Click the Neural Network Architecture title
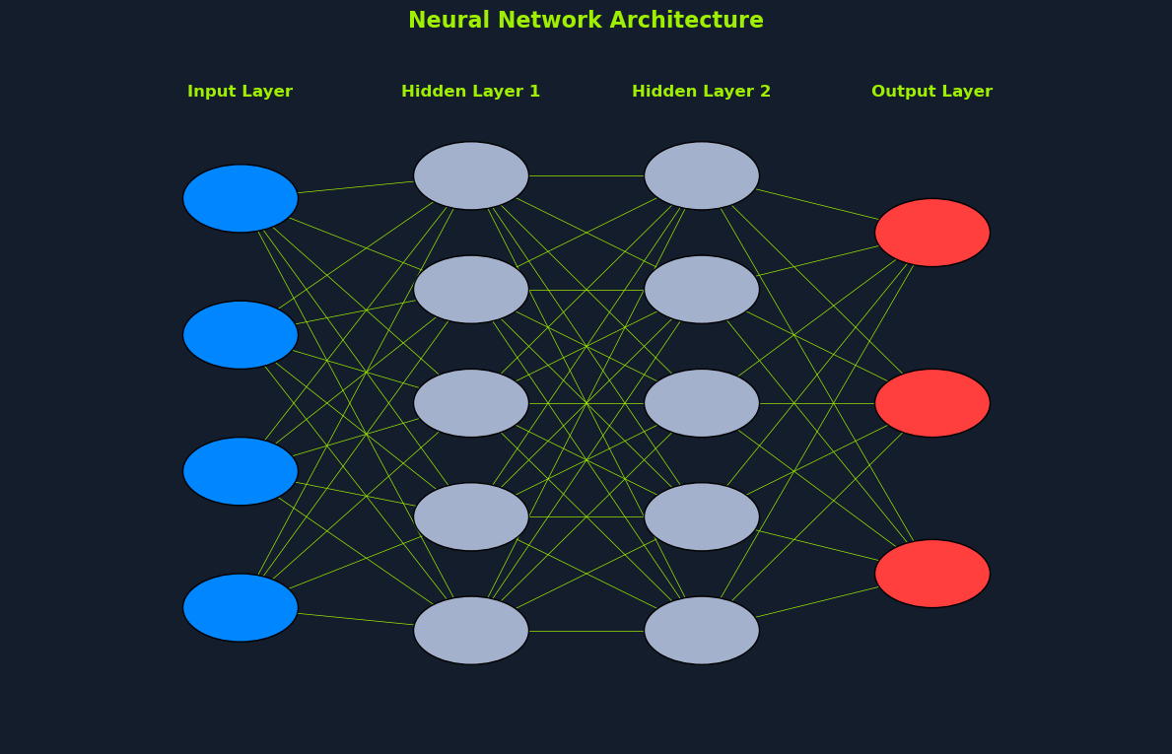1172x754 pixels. click(586, 21)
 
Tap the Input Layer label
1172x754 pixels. click(240, 92)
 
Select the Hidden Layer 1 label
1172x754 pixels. click(470, 92)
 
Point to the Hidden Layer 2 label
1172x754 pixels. click(701, 92)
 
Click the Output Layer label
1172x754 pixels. click(931, 92)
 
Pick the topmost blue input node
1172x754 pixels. click(241, 198)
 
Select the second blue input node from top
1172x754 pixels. click(241, 335)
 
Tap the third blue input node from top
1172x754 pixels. click(241, 471)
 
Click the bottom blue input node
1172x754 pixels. click(241, 607)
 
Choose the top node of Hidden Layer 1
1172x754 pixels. click(471, 175)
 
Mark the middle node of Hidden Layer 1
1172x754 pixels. click(471, 403)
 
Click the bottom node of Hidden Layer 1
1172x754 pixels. click(471, 630)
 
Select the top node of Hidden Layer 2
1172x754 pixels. click(702, 175)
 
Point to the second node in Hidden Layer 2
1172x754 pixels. click(702, 290)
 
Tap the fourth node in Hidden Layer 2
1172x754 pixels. click(702, 516)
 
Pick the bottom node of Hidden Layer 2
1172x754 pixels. click(702, 630)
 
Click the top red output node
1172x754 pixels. click(932, 233)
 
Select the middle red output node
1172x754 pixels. click(932, 403)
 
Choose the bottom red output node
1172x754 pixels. click(932, 574)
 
